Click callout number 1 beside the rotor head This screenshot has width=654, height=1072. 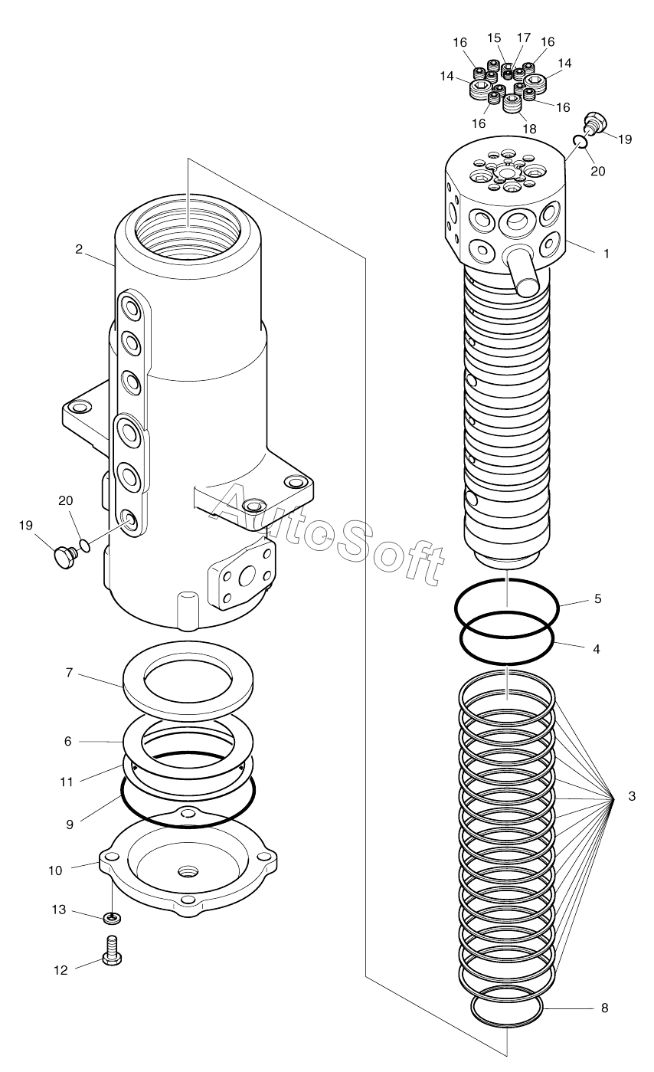607,252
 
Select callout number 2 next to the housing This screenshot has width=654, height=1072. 79,248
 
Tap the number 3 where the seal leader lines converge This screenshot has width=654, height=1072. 631,797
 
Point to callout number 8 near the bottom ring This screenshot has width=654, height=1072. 604,1008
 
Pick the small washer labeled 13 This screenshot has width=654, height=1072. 113,916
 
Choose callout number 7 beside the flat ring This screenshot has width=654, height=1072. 68,673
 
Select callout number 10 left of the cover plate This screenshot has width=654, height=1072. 55,870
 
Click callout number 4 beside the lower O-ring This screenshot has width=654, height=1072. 597,648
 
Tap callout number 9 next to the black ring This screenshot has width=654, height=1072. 69,824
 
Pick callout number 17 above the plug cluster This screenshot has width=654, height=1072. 524,37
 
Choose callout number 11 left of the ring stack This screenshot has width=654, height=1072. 67,782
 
